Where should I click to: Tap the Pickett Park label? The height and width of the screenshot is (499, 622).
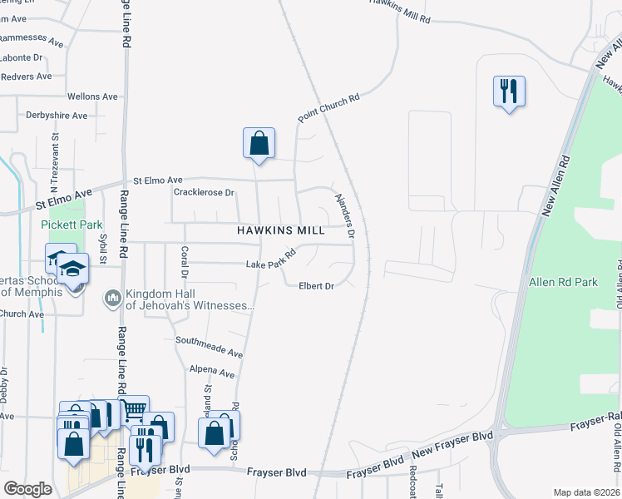[72, 225]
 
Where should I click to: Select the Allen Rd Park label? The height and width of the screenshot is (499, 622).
[563, 282]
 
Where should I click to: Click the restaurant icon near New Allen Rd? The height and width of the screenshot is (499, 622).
[509, 91]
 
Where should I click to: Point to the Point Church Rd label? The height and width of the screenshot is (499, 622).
[329, 110]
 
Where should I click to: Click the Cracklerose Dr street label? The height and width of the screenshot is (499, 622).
[203, 192]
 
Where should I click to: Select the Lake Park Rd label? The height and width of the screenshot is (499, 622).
[271, 260]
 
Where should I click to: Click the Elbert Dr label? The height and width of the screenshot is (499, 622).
[316, 286]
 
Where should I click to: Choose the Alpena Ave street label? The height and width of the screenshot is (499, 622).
[213, 371]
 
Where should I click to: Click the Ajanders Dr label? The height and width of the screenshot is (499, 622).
[344, 217]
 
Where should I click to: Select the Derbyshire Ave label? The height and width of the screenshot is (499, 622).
[57, 116]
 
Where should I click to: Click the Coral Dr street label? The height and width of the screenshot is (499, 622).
[185, 261]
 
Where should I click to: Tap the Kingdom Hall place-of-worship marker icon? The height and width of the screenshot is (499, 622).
[112, 297]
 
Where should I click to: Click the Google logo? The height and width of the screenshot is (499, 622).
[27, 489]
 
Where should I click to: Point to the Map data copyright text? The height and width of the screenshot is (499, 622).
[585, 492]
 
